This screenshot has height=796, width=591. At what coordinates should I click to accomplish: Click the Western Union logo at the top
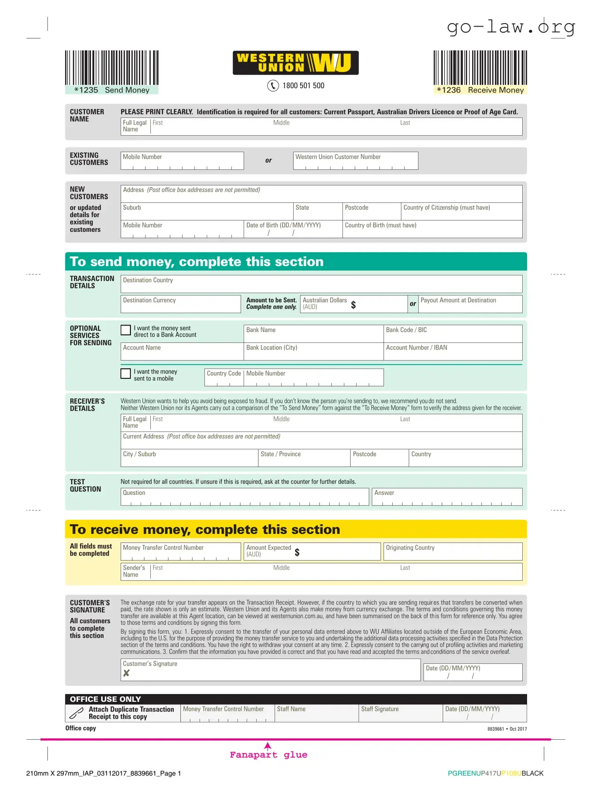coord(295,63)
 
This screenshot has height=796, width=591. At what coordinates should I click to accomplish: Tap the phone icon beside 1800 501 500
coord(273,86)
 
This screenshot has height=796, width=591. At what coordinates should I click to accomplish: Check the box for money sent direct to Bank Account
coord(126,330)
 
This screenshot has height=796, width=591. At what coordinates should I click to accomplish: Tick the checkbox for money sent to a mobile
coord(126,373)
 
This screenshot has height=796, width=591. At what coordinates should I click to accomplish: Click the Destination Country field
coord(321,284)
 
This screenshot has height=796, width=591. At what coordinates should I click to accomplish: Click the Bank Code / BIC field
coord(453,334)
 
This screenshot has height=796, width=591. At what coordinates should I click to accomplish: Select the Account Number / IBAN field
coord(453,352)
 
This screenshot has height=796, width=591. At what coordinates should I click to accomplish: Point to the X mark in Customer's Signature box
coord(126,673)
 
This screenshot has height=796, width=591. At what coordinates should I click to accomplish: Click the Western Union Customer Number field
coord(355,161)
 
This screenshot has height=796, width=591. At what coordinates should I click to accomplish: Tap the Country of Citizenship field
coord(461,212)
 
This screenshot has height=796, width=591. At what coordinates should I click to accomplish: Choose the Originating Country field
coord(453,552)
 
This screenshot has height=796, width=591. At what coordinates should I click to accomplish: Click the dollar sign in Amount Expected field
coord(297,552)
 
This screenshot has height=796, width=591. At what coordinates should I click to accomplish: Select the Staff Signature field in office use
coord(400,714)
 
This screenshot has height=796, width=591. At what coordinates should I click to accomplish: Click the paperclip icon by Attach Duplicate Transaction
coord(76,713)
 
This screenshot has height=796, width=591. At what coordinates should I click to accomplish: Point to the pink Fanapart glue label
coord(268,755)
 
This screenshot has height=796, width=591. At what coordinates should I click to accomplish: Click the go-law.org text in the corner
coord(511,27)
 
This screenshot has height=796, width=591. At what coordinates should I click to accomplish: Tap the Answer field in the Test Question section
coord(447,497)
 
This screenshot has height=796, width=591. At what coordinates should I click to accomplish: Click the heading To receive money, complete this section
coord(205,529)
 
